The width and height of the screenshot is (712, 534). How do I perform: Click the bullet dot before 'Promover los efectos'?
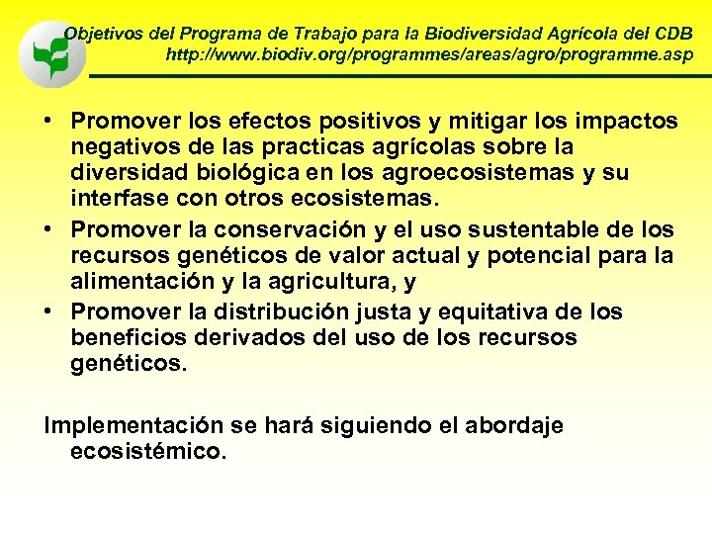coord(48,122)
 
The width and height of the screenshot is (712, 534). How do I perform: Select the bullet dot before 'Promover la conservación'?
coord(48,230)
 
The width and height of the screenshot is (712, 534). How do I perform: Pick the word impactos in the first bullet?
coord(630,121)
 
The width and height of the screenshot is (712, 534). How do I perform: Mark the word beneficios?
coord(125,338)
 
